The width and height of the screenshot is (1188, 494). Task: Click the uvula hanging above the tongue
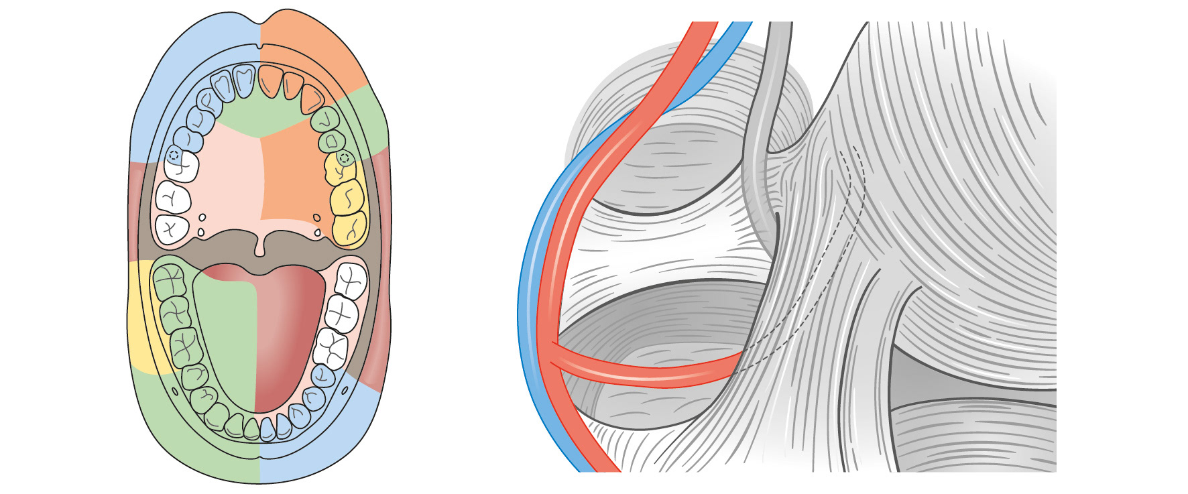click(259, 248)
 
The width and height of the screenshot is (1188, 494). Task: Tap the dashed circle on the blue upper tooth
click(174, 156)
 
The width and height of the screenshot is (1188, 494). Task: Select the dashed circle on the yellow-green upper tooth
click(345, 158)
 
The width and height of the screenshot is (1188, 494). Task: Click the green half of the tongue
click(225, 335)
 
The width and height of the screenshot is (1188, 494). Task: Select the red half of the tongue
click(288, 335)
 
